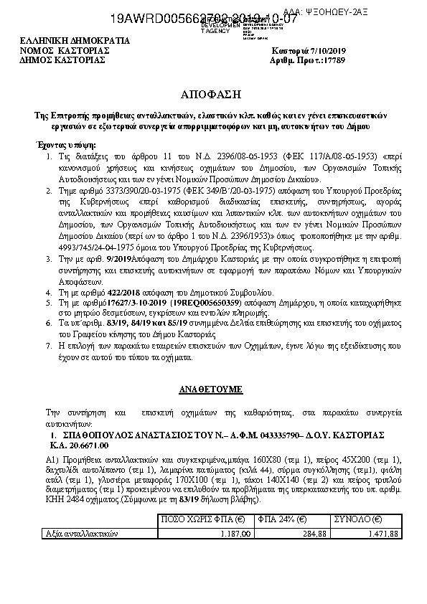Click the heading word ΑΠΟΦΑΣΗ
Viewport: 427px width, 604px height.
(212, 95)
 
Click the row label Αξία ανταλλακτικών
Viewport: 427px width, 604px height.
(80, 534)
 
